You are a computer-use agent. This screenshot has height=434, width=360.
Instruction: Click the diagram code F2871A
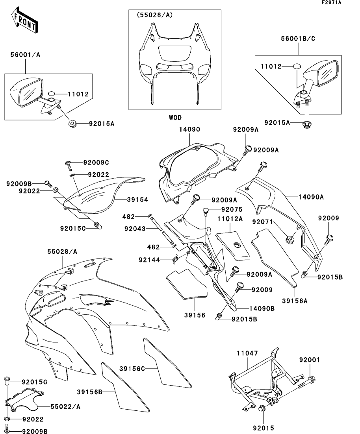coord(332,2)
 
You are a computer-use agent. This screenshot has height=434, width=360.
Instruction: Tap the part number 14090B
coord(262,308)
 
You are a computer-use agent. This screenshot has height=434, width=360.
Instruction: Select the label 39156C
coord(132,369)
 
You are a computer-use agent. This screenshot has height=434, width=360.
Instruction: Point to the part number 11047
coord(247,353)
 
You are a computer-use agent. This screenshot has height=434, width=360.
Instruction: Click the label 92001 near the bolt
coord(309,360)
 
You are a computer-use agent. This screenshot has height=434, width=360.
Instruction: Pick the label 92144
coord(149,260)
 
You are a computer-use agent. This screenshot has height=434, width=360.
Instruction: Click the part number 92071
coord(262,222)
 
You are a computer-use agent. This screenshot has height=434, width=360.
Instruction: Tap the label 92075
coord(232,210)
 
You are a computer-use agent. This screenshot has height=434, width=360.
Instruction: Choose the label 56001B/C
coord(298,39)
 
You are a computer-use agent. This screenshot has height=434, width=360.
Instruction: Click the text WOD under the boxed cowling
coord(175,118)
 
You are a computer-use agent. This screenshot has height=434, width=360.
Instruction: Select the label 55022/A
coord(65,406)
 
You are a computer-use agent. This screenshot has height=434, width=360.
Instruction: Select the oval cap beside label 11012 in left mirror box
coord(52,93)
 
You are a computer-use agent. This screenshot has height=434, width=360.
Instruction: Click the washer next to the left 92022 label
coord(55,190)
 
